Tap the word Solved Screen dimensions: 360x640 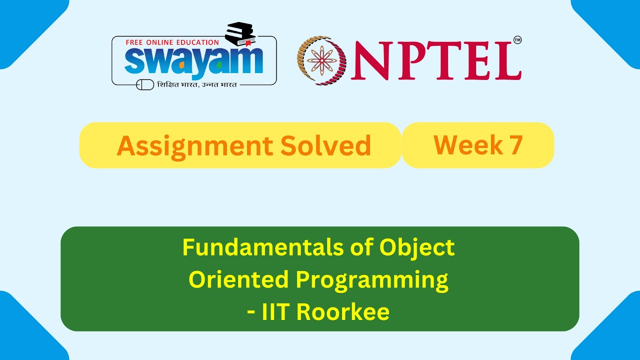tap(325, 145)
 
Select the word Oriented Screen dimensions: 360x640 tap(238, 280)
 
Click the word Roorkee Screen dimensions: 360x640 tap(342, 312)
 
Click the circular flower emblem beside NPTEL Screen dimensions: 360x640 tap(322, 60)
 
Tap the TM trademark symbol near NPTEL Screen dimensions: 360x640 tap(517, 40)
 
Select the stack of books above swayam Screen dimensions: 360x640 tap(240, 34)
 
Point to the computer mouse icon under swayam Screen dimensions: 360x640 tap(145, 85)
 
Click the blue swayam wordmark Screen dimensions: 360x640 tap(193, 61)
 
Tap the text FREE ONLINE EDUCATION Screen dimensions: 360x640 tap(172, 42)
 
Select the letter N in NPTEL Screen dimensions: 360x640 tap(370, 60)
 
